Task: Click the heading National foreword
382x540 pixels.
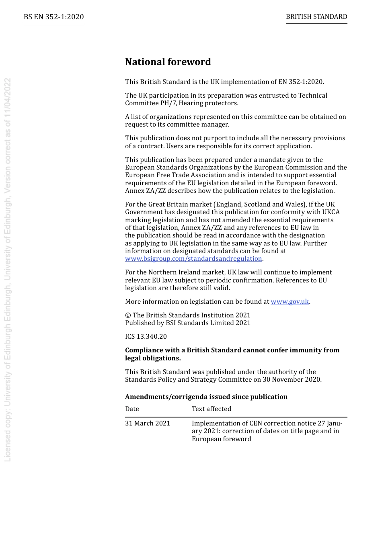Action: [168, 62]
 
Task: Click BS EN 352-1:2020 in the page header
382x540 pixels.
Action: [53, 17]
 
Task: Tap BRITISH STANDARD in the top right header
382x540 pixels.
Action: [316, 17]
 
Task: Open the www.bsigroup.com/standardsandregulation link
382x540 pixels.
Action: [193, 259]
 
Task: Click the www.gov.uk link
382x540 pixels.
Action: [290, 302]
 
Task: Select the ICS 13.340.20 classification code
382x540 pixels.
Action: [146, 337]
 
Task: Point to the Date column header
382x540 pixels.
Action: [132, 409]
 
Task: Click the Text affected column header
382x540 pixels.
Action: [212, 409]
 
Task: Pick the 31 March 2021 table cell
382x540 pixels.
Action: [148, 423]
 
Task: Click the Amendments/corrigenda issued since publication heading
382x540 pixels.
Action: [206, 397]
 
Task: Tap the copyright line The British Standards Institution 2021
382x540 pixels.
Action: [188, 315]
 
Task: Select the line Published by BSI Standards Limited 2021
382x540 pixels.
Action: [188, 323]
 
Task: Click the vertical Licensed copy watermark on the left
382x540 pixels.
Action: [7, 269]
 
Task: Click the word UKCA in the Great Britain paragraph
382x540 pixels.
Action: [331, 212]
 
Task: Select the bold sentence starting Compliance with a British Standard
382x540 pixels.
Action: [232, 354]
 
